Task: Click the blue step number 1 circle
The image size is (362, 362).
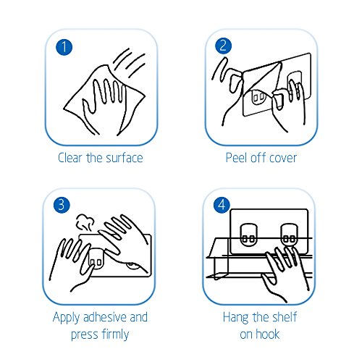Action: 64,47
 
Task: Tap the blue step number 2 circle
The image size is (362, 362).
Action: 223,46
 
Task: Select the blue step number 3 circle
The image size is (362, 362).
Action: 62,205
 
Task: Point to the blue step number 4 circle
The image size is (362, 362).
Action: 222,205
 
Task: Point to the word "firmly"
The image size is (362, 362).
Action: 115,335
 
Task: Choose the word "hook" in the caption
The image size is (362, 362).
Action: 268,334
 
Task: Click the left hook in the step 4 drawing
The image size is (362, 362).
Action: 248,235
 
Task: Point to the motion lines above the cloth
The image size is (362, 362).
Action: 130,62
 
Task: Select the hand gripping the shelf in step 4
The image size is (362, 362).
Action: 285,274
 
